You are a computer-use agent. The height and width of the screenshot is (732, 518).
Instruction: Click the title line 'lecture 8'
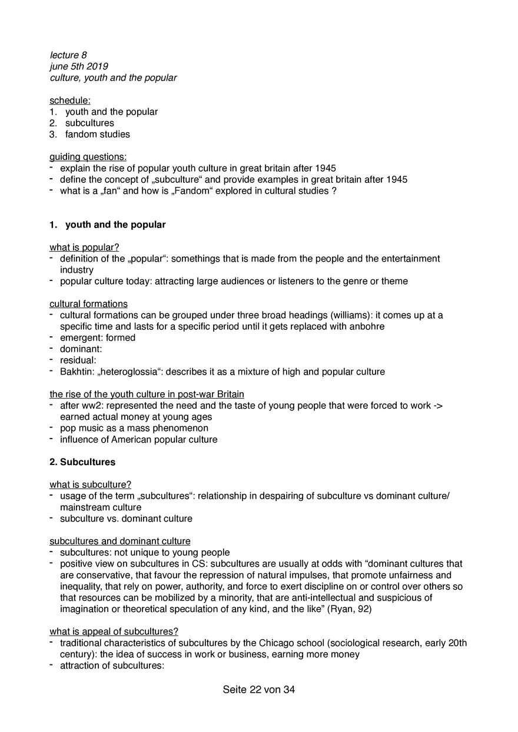click(68, 55)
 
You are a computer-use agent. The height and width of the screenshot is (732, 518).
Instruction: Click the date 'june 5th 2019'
click(79, 66)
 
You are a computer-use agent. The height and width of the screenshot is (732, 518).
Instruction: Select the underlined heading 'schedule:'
click(70, 101)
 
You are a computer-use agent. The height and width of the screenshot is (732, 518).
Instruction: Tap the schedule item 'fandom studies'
click(98, 134)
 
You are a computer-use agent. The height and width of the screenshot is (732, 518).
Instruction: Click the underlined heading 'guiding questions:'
click(88, 157)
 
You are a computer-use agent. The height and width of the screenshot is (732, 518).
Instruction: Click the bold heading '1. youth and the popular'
click(108, 225)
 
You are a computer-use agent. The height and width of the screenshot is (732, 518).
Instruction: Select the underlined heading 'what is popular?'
click(84, 248)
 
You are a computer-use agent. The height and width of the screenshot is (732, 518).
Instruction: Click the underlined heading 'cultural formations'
click(88, 304)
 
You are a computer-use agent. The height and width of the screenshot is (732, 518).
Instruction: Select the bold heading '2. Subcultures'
click(82, 462)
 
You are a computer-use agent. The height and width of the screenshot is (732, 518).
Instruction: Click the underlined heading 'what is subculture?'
click(90, 484)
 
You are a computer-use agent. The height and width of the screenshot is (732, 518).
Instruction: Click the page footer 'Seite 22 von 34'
click(259, 690)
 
